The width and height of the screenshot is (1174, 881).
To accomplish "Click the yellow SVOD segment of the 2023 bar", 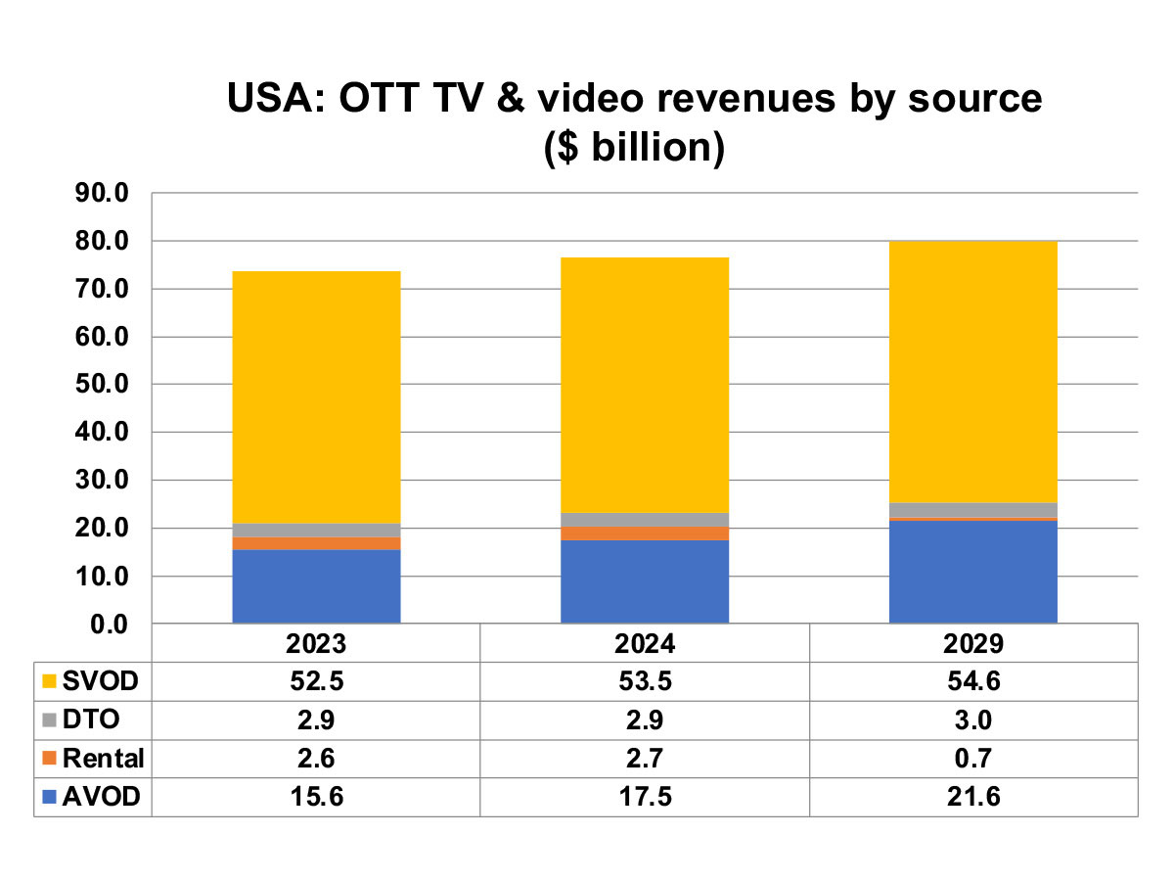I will coord(316,396).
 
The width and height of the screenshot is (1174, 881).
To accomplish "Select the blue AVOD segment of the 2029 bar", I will coord(972,571).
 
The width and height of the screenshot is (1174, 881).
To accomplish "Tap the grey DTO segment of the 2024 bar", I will coord(645,519).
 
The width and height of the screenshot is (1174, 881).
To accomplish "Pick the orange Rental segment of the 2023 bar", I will coord(316,543).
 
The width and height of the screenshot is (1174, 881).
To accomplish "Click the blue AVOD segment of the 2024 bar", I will coord(645,580).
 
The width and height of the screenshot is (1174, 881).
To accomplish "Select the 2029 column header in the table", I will coord(972,645).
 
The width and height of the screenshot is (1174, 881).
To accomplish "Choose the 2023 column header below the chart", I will coord(316,645).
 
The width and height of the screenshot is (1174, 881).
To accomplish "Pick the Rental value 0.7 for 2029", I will coord(972,759).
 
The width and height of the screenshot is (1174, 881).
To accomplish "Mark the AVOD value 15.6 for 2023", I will coord(316,797).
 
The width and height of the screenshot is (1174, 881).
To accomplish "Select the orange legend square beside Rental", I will coord(49,759).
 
